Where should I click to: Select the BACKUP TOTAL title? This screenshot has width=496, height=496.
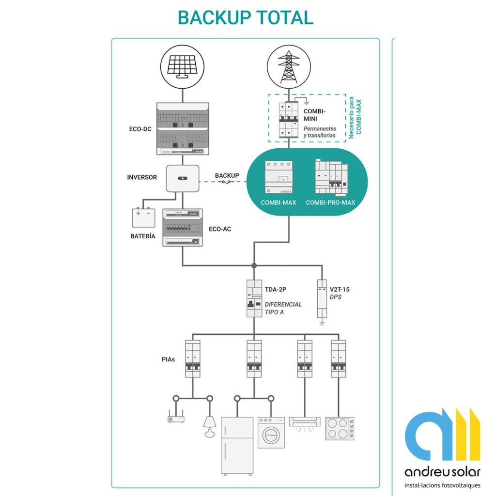246,17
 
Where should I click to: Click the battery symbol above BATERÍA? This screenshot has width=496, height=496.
144,217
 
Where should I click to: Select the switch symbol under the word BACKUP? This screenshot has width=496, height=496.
227,182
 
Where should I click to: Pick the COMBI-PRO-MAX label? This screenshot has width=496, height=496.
330,202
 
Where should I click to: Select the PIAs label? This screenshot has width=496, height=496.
169,360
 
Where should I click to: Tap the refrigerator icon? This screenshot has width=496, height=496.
237,445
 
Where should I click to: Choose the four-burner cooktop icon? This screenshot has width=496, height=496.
340,428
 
